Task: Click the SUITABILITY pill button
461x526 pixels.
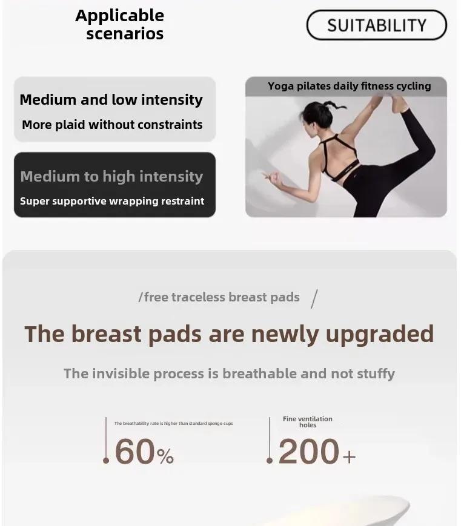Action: tap(376, 25)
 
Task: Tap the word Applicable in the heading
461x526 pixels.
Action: tap(120, 16)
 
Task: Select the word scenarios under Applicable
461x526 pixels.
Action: tap(125, 34)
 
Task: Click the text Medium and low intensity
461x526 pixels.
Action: tap(111, 100)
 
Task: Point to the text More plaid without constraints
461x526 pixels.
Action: tap(112, 125)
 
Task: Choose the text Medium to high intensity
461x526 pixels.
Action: tap(111, 177)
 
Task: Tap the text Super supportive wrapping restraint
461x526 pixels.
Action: tap(112, 201)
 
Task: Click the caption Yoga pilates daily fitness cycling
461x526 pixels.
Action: tap(349, 86)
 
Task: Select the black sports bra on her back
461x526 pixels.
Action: tap(339, 157)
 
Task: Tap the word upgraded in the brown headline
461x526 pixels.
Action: tap(380, 335)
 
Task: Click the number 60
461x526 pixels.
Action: tap(134, 452)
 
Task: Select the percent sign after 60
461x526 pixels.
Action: tap(165, 456)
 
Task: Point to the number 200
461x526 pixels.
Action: tap(308, 452)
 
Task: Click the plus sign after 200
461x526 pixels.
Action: tap(349, 456)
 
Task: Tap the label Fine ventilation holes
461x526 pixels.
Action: tap(308, 422)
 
